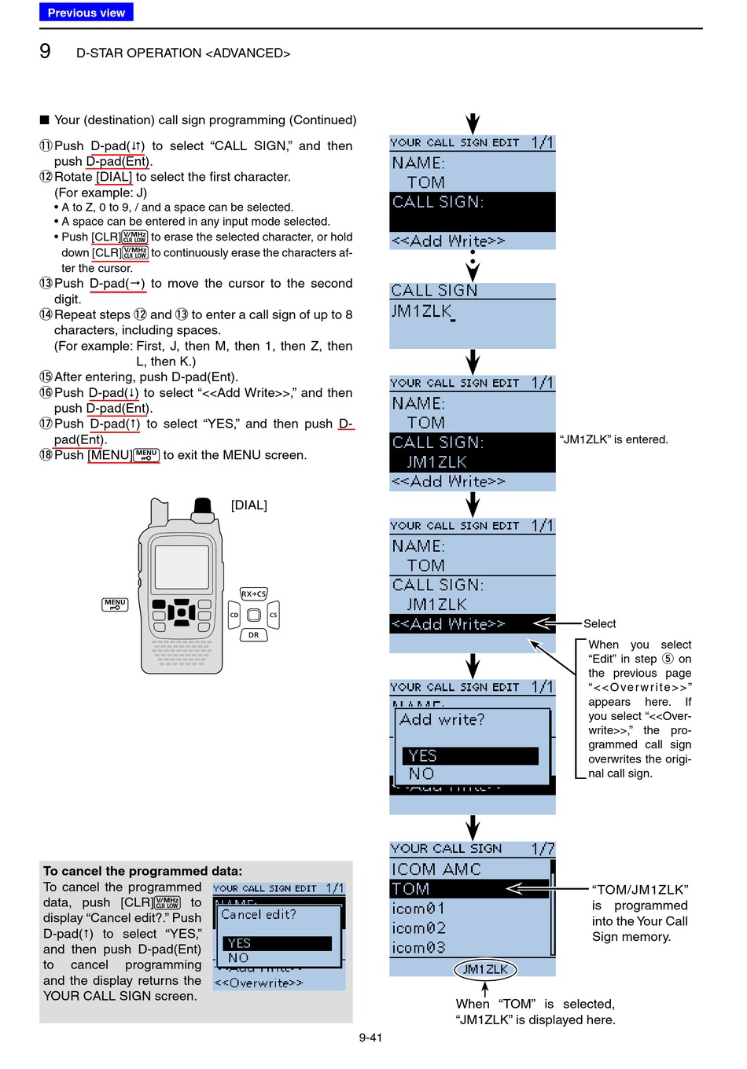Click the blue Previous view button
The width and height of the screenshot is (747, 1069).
[x=86, y=13]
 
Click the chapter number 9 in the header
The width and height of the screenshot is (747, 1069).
[x=46, y=52]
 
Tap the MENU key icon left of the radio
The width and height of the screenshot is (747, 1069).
[x=115, y=604]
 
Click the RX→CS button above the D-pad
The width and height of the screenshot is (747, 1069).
[x=253, y=594]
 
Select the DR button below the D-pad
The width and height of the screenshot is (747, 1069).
[x=253, y=634]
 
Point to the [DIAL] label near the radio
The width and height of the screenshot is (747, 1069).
[x=248, y=505]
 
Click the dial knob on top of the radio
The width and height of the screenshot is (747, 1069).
[x=203, y=506]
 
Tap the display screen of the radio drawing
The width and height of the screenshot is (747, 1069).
[x=182, y=567]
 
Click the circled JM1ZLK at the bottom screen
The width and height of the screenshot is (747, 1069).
[x=485, y=969]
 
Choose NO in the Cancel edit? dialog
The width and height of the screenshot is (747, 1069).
[x=239, y=958]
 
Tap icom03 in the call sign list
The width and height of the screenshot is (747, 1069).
[x=418, y=948]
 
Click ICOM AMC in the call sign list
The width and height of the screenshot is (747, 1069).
[x=436, y=869]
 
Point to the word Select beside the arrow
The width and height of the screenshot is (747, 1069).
[x=599, y=624]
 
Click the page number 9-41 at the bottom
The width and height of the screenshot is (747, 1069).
[x=370, y=1038]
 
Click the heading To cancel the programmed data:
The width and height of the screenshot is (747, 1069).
[x=143, y=871]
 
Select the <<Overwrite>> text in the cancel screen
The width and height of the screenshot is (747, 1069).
[x=259, y=983]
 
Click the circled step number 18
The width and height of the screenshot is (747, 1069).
[x=46, y=455]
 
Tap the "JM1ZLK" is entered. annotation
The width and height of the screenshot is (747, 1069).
[x=613, y=440]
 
